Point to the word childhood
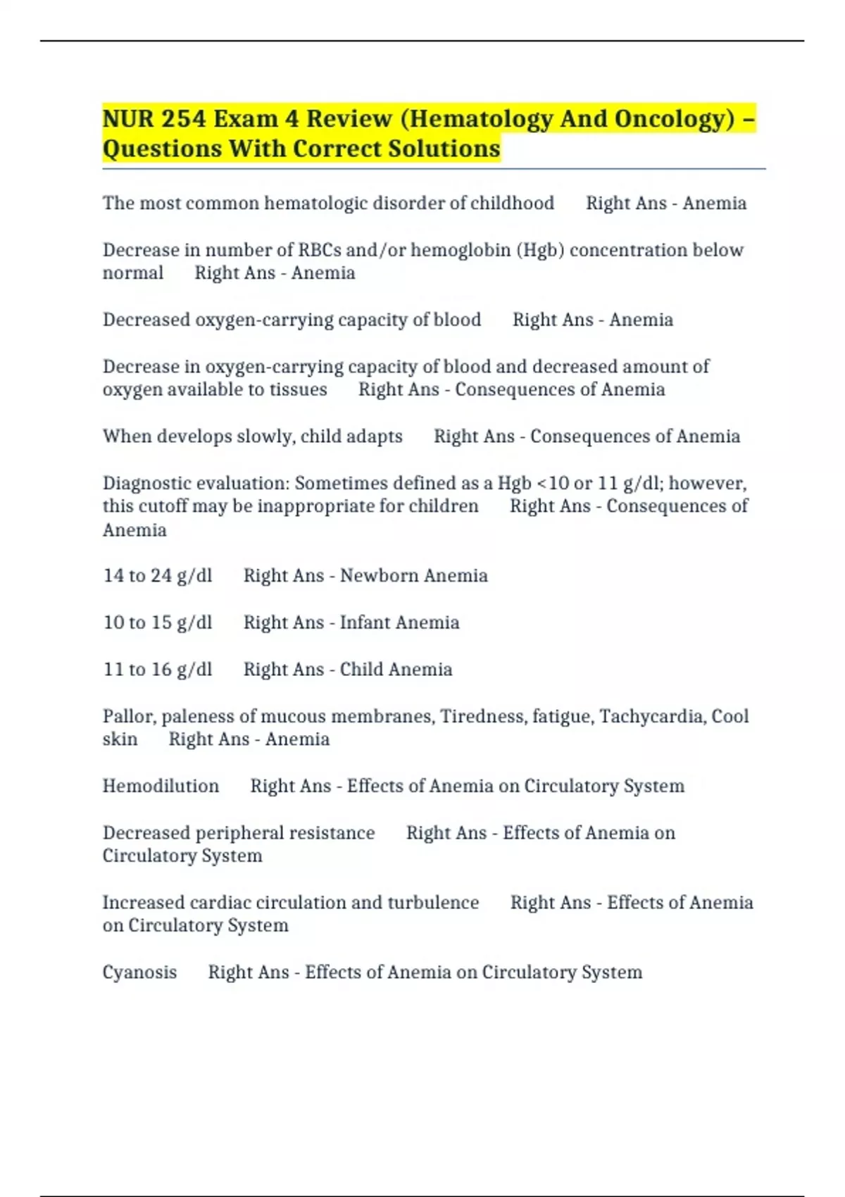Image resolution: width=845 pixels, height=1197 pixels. (x=512, y=203)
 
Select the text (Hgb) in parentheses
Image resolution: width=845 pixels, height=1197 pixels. (x=540, y=250)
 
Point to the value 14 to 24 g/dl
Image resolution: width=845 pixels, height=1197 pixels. (x=157, y=575)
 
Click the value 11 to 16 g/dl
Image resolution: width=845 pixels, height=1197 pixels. (x=157, y=669)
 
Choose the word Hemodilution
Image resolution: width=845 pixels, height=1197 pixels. (x=161, y=786)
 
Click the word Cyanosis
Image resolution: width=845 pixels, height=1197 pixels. (x=139, y=972)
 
